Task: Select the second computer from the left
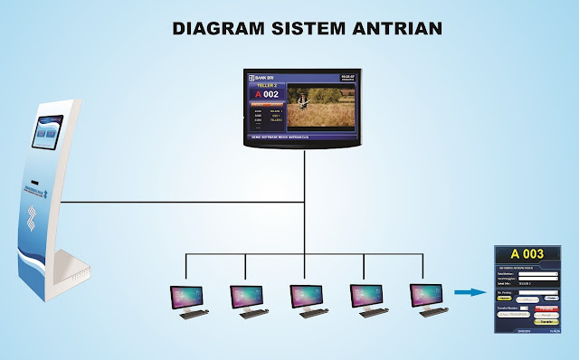[247, 300]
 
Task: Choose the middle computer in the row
[307, 300]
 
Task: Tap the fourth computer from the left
[366, 300]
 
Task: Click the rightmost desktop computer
[426, 300]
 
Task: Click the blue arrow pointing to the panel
[468, 291]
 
